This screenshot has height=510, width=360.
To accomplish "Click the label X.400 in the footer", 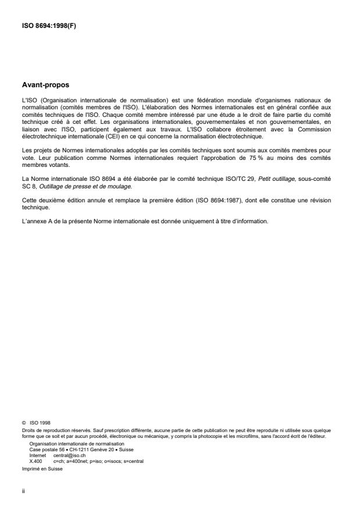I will (x=35, y=461).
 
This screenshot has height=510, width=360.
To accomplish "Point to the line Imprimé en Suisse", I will (x=41, y=465).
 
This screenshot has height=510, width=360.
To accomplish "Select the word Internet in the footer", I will (x=37, y=456).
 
